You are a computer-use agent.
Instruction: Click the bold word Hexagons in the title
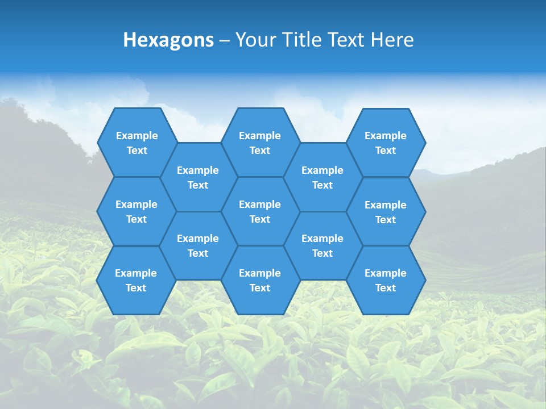(x=168, y=40)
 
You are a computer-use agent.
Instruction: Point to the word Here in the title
(x=392, y=40)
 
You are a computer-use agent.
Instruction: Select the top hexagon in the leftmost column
(x=136, y=143)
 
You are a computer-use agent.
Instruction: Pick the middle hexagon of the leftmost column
(x=136, y=211)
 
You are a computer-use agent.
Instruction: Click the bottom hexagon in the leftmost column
(x=136, y=280)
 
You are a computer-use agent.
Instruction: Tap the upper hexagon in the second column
(x=198, y=177)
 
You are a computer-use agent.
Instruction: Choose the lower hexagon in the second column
(x=198, y=245)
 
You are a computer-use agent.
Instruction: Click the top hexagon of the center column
(x=260, y=143)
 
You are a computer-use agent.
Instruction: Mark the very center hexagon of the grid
(x=260, y=211)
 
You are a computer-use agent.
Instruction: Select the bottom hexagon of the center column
(x=260, y=280)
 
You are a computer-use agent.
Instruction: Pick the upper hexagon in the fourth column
(x=322, y=177)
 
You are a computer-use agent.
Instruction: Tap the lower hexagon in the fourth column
(x=322, y=245)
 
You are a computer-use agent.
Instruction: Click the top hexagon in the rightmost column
(x=386, y=143)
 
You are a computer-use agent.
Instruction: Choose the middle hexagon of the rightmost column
(x=386, y=212)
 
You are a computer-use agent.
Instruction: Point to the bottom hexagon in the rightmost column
(x=386, y=280)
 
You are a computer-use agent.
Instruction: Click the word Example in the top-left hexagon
(x=136, y=136)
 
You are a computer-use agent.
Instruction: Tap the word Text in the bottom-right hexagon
(x=386, y=288)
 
